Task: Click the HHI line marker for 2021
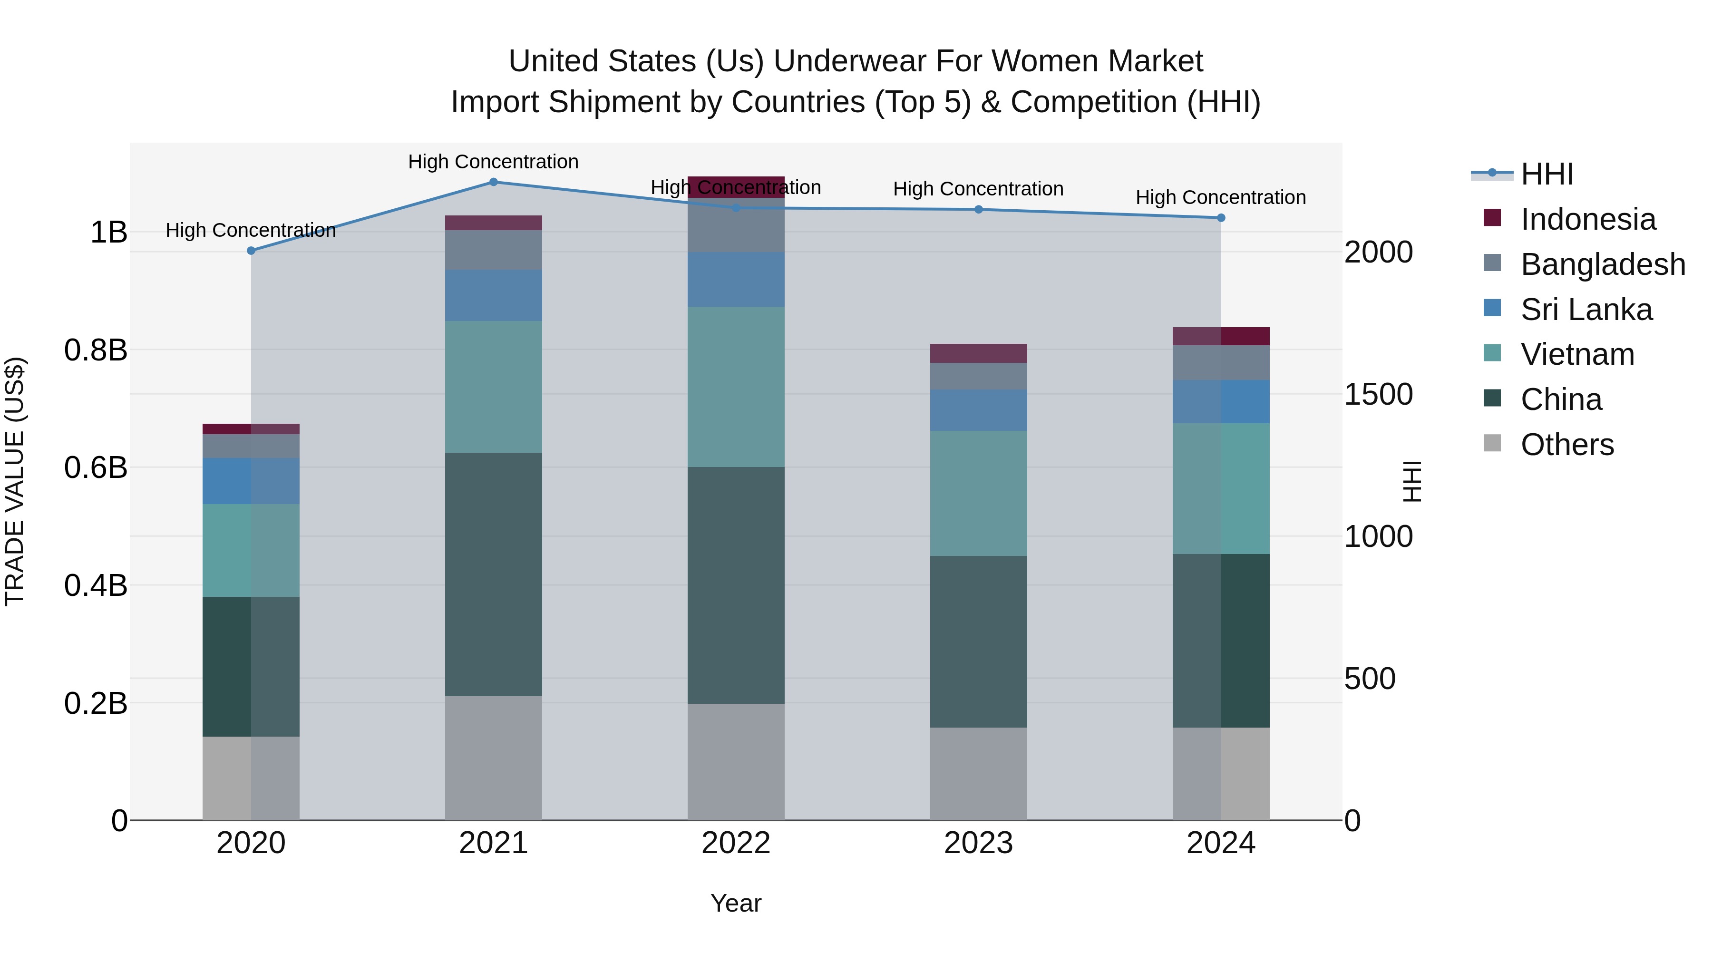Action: (493, 182)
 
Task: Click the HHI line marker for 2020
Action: (251, 251)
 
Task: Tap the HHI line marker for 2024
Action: (1221, 218)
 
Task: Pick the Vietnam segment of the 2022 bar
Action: (736, 387)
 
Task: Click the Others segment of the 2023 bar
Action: (978, 774)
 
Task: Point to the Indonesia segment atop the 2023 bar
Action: (978, 353)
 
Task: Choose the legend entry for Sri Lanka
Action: (1586, 310)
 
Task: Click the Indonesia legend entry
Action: (1588, 219)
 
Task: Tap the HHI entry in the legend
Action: (1547, 174)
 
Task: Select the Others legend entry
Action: (1566, 445)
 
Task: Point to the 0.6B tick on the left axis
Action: (96, 467)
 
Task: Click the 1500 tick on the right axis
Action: (1378, 394)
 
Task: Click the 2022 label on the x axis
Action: (736, 843)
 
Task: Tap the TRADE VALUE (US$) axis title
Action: (15, 481)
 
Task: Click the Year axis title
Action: (736, 903)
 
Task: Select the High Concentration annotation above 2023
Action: (978, 189)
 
